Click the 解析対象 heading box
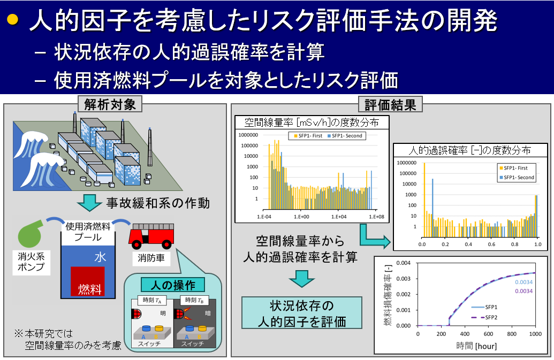pyautogui.click(x=110, y=104)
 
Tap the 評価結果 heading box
pyautogui.click(x=390, y=104)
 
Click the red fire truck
pyautogui.click(x=151, y=236)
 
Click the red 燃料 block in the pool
pyautogui.click(x=88, y=281)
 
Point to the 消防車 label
pyautogui.click(x=151, y=258)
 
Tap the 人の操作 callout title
pyautogui.click(x=173, y=285)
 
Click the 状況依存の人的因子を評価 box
pyautogui.click(x=302, y=313)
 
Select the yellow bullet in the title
pyautogui.click(x=12, y=19)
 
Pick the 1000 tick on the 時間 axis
pyautogui.click(x=535, y=334)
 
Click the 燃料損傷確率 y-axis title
pyautogui.click(x=388, y=295)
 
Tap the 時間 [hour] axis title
pyautogui.click(x=476, y=346)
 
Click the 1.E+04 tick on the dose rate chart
pyautogui.click(x=339, y=217)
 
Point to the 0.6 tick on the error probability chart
pyautogui.click(x=491, y=244)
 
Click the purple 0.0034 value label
pyautogui.click(x=523, y=291)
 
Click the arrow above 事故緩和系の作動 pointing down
pyautogui.click(x=89, y=203)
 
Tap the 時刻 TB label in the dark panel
pyautogui.click(x=194, y=300)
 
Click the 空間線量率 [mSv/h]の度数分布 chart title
pyautogui.click(x=312, y=122)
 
